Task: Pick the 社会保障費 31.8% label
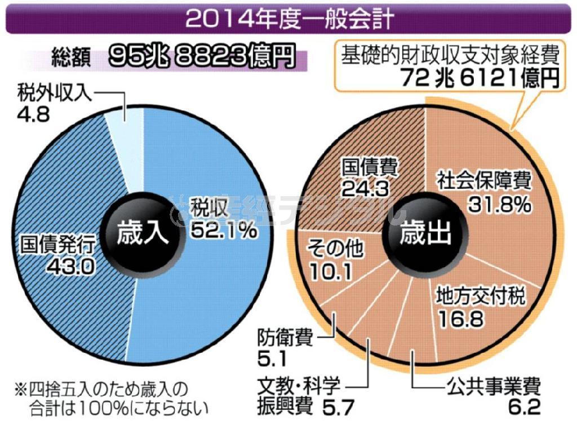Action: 485,193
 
